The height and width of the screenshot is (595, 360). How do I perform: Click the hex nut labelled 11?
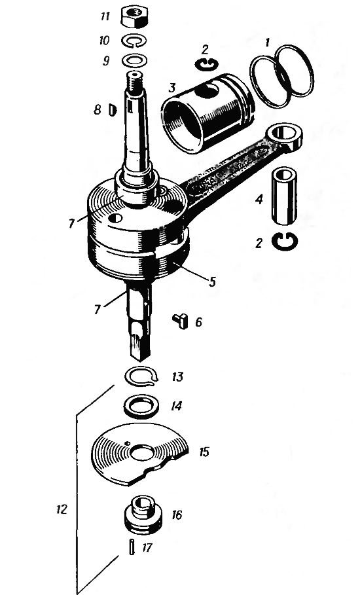(x=134, y=18)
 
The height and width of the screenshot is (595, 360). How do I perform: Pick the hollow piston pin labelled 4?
(x=285, y=196)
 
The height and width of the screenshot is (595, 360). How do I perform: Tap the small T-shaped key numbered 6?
(x=181, y=321)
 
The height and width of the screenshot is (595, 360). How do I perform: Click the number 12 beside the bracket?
(x=62, y=509)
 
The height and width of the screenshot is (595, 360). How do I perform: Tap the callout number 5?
(x=212, y=281)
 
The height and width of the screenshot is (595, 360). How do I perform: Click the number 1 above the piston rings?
(x=267, y=43)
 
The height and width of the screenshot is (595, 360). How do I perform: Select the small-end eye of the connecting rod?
(x=285, y=135)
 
